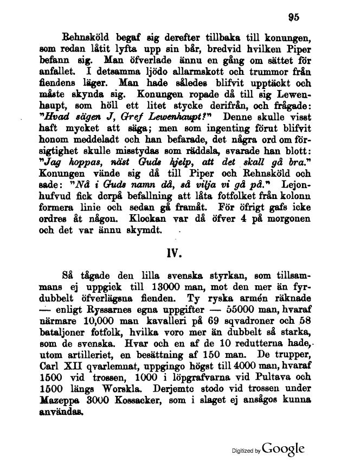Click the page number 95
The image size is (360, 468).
point(294,16)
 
